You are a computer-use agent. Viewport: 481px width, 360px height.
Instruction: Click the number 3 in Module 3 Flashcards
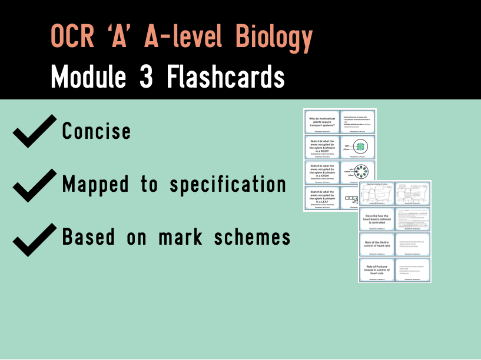point(151,77)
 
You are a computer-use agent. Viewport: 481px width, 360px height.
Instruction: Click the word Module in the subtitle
point(90,77)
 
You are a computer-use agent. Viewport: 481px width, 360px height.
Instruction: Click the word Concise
point(97,131)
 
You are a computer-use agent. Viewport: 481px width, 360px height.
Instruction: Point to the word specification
point(228,185)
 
